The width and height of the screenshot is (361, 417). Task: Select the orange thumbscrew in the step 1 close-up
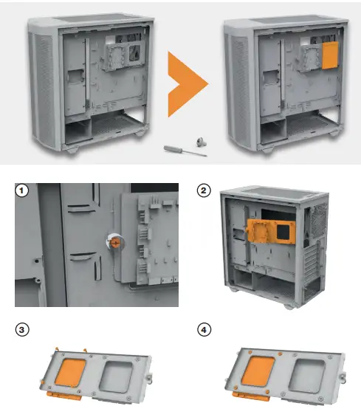point(117,241)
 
